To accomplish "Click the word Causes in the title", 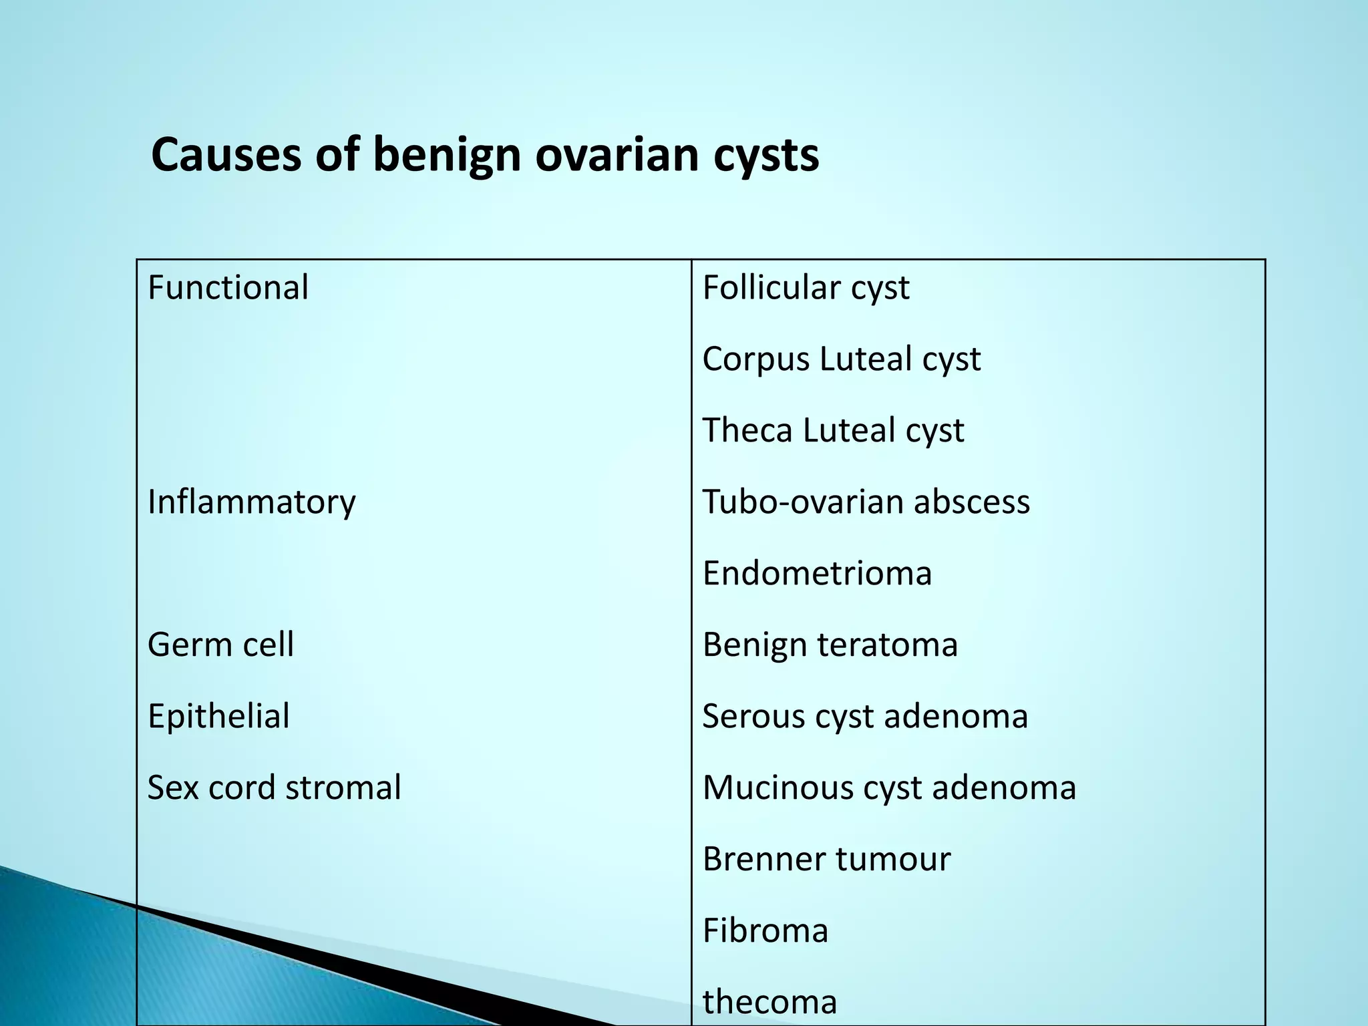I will click(x=226, y=155).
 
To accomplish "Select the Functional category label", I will click(x=228, y=288).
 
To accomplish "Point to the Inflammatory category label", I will click(x=251, y=502).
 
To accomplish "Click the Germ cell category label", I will click(x=220, y=645).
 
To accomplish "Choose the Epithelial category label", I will click(x=218, y=716).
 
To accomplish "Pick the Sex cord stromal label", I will click(x=274, y=788).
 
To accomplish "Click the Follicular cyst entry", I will click(x=806, y=288).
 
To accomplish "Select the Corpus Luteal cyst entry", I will click(x=841, y=359).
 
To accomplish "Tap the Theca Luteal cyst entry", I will click(x=833, y=431).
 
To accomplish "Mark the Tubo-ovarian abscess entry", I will click(x=866, y=502).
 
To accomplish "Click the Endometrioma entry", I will click(x=817, y=573).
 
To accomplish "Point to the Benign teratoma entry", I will click(x=830, y=645).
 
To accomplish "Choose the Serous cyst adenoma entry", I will click(x=865, y=716).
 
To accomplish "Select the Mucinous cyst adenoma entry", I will click(x=889, y=788).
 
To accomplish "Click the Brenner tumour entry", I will click(x=826, y=859).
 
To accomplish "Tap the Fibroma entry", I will click(x=765, y=930).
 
